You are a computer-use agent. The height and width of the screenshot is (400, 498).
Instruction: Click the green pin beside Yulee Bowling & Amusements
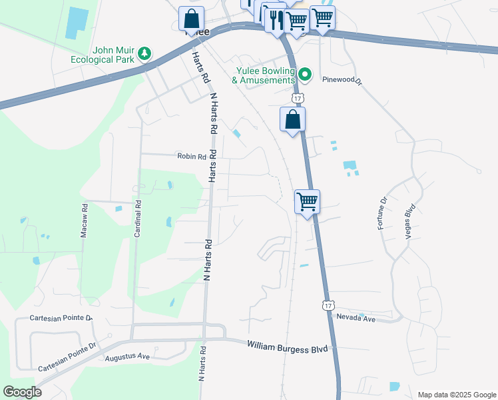pyautogui.click(x=305, y=74)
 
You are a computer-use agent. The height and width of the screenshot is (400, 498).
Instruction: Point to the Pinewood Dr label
pyautogui.click(x=342, y=79)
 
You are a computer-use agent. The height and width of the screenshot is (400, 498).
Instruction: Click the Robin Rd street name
pyautogui.click(x=192, y=156)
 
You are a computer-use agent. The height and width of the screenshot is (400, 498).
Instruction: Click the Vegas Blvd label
pyautogui.click(x=410, y=221)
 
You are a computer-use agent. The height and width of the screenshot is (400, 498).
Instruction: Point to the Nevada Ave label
pyautogui.click(x=356, y=319)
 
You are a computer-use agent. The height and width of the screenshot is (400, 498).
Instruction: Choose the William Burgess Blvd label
pyautogui.click(x=288, y=346)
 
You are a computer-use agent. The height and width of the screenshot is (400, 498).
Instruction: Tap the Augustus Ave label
pyautogui.click(x=127, y=357)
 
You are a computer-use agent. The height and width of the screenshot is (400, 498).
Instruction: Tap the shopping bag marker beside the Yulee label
pyautogui.click(x=192, y=18)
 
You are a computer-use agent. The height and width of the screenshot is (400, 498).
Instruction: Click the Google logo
pyautogui.click(x=22, y=392)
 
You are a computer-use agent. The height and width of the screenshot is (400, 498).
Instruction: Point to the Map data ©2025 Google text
pyautogui.click(x=456, y=395)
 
